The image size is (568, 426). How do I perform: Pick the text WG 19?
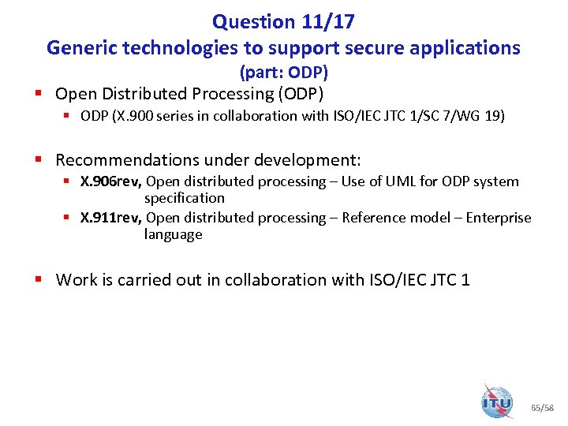[x=483, y=116]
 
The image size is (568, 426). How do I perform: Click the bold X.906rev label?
[x=111, y=181]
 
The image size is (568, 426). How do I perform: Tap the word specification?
[x=184, y=198]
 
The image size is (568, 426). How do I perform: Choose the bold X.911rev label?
[x=111, y=218]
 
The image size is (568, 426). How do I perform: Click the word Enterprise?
[x=499, y=218]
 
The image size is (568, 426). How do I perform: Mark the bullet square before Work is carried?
[x=37, y=279]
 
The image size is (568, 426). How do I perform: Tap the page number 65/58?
[x=543, y=408]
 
